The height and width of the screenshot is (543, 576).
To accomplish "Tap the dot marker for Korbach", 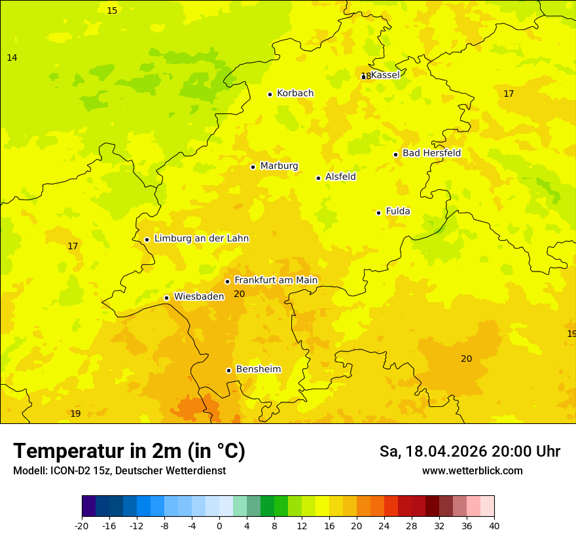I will tap(270, 94).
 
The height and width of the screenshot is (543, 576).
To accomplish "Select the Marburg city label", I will tap(279, 166).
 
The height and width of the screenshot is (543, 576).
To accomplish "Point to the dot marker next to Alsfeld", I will tap(319, 178).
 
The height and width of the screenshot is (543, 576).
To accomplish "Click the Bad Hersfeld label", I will tap(431, 153).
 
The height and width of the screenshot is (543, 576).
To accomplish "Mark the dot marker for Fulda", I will tap(379, 213).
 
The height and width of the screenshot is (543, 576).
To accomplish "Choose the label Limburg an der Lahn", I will tap(201, 239).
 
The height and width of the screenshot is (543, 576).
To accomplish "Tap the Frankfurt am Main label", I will tap(276, 280).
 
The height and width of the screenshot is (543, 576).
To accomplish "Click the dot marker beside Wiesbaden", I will tap(167, 298).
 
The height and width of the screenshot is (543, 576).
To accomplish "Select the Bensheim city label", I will tap(258, 370).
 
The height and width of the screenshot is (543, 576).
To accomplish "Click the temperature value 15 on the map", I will tap(112, 10).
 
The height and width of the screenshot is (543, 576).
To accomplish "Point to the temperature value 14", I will tap(12, 58).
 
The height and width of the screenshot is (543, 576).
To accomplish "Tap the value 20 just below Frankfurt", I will tap(239, 294).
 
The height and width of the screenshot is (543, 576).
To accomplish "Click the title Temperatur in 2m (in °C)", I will tap(129, 451).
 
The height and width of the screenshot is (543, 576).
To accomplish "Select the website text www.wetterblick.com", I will tap(472, 471).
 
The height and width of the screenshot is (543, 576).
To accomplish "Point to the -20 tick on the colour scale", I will tap(82, 525).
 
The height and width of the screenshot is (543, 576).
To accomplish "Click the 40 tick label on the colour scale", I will tap(494, 525).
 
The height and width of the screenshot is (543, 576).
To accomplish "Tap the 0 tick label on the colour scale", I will tap(219, 525).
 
